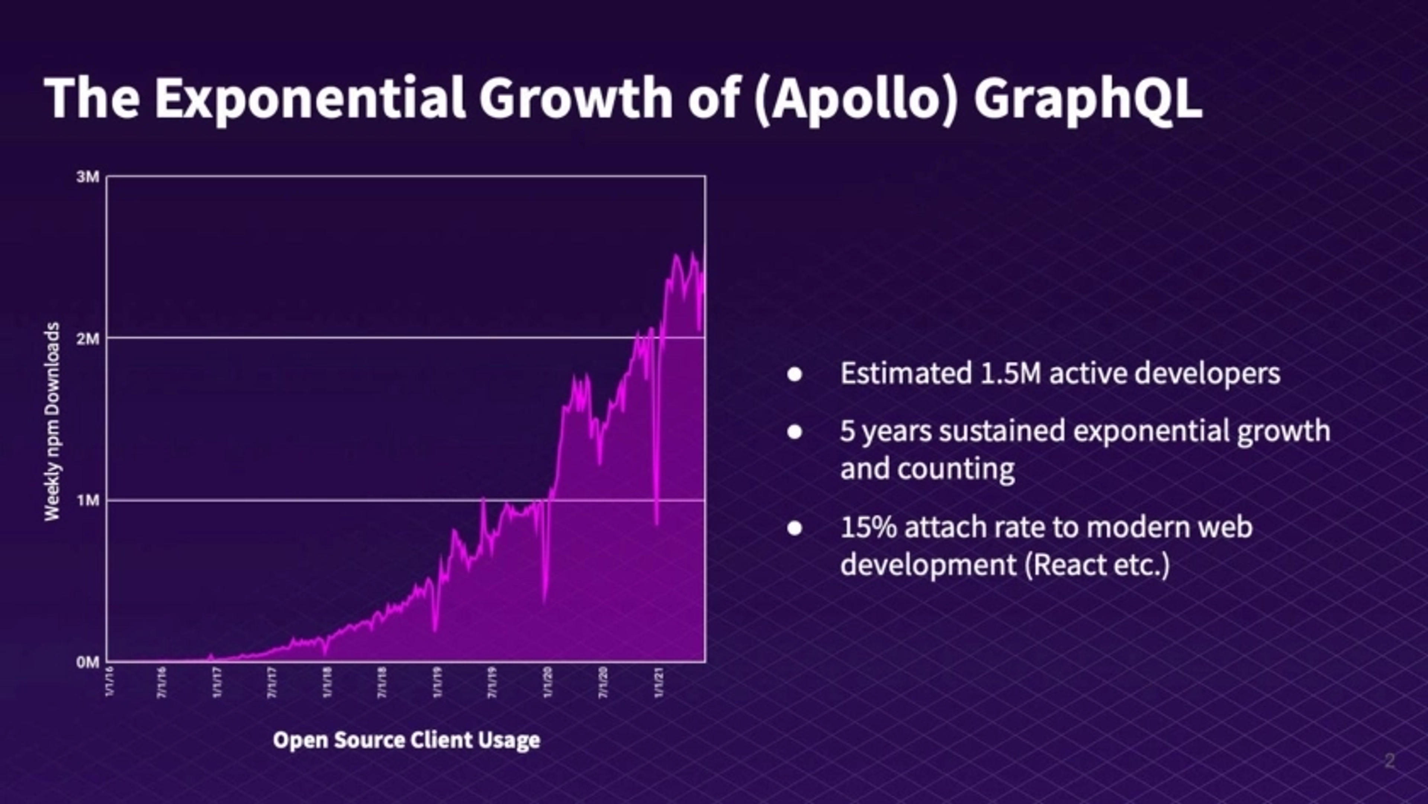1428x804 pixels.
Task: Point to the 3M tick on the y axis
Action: [88, 177]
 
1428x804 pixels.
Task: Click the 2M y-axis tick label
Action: [88, 338]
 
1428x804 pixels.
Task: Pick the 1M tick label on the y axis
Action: [88, 501]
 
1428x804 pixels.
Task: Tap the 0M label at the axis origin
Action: [88, 662]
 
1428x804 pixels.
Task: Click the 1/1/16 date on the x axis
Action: [109, 682]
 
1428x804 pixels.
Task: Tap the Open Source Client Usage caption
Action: [406, 740]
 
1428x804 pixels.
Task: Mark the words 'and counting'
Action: [927, 469]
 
